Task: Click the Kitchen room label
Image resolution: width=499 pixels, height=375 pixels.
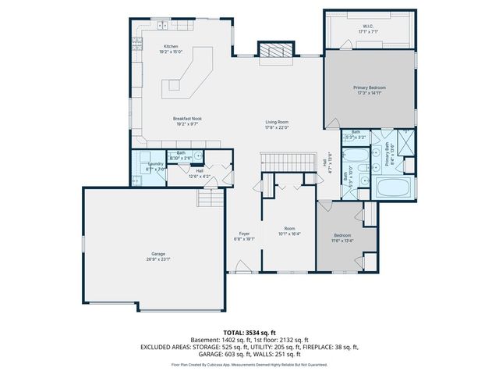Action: point(171,46)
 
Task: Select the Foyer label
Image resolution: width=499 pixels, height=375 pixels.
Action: point(243,234)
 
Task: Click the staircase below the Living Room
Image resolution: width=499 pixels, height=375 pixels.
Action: point(288,162)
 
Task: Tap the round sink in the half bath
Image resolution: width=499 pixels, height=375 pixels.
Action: point(197,156)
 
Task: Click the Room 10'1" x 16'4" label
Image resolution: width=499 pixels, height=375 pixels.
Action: point(288,231)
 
